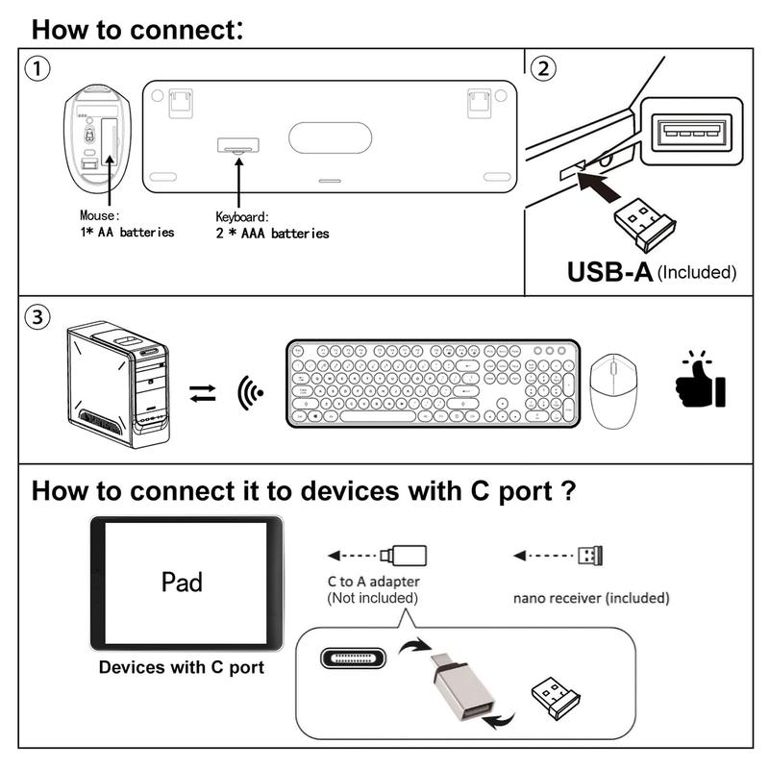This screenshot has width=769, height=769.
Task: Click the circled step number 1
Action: pos(37,69)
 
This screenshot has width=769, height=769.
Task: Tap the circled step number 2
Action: pos(544,69)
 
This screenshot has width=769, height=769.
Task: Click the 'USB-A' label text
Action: pos(609,271)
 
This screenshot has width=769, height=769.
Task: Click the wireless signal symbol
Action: pos(249,392)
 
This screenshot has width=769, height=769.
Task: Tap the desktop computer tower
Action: pos(117,385)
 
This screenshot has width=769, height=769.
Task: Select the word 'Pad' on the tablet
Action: pos(182,583)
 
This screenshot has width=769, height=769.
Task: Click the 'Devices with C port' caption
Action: pos(183,667)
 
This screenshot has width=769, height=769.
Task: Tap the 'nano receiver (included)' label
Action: pos(590,598)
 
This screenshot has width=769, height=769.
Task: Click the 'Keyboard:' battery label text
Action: pos(242,217)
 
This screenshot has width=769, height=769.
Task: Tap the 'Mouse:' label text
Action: pos(100,216)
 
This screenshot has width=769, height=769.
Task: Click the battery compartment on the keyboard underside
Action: pos(237,146)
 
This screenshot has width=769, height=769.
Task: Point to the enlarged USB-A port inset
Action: pos(690,132)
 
